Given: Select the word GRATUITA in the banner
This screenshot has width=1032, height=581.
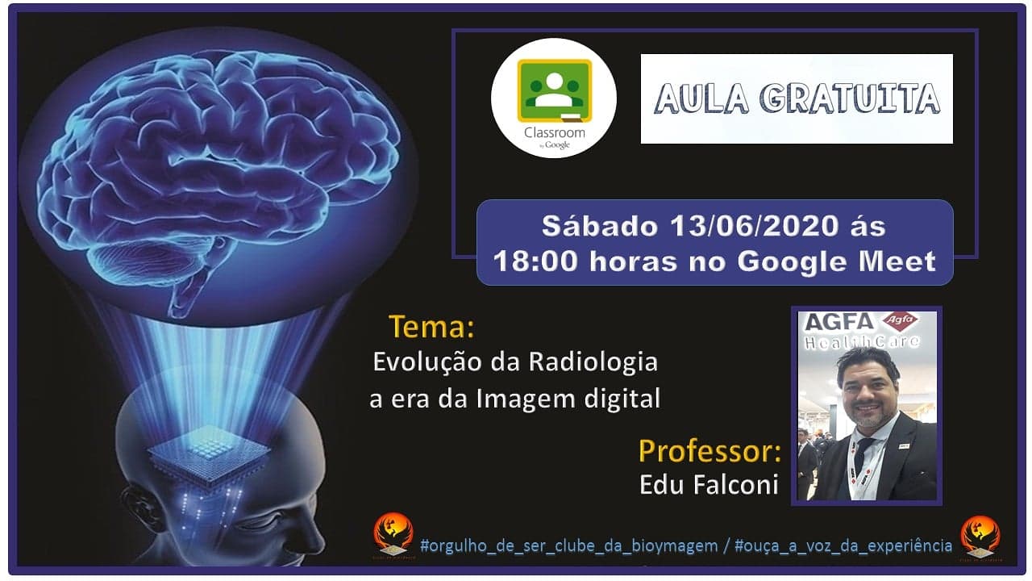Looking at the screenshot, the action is (x=850, y=98).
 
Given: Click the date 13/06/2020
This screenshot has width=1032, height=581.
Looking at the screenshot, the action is (x=754, y=226).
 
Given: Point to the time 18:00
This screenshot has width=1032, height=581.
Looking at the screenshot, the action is (x=535, y=261).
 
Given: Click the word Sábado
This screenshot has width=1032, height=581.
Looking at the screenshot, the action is (x=599, y=226).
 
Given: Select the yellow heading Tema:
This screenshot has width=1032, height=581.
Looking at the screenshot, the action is (x=431, y=327).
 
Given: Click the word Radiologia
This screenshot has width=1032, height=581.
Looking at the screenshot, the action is (x=593, y=362).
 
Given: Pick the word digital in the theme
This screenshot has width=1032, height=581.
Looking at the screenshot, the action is (x=622, y=399).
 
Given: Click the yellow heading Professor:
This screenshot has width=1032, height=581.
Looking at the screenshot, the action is (x=710, y=451).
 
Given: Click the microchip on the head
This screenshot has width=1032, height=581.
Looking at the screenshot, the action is (x=208, y=455).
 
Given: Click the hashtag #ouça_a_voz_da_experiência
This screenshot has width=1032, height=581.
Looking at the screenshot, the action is (x=843, y=545).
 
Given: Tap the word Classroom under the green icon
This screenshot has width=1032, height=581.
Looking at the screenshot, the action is (x=554, y=133).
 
